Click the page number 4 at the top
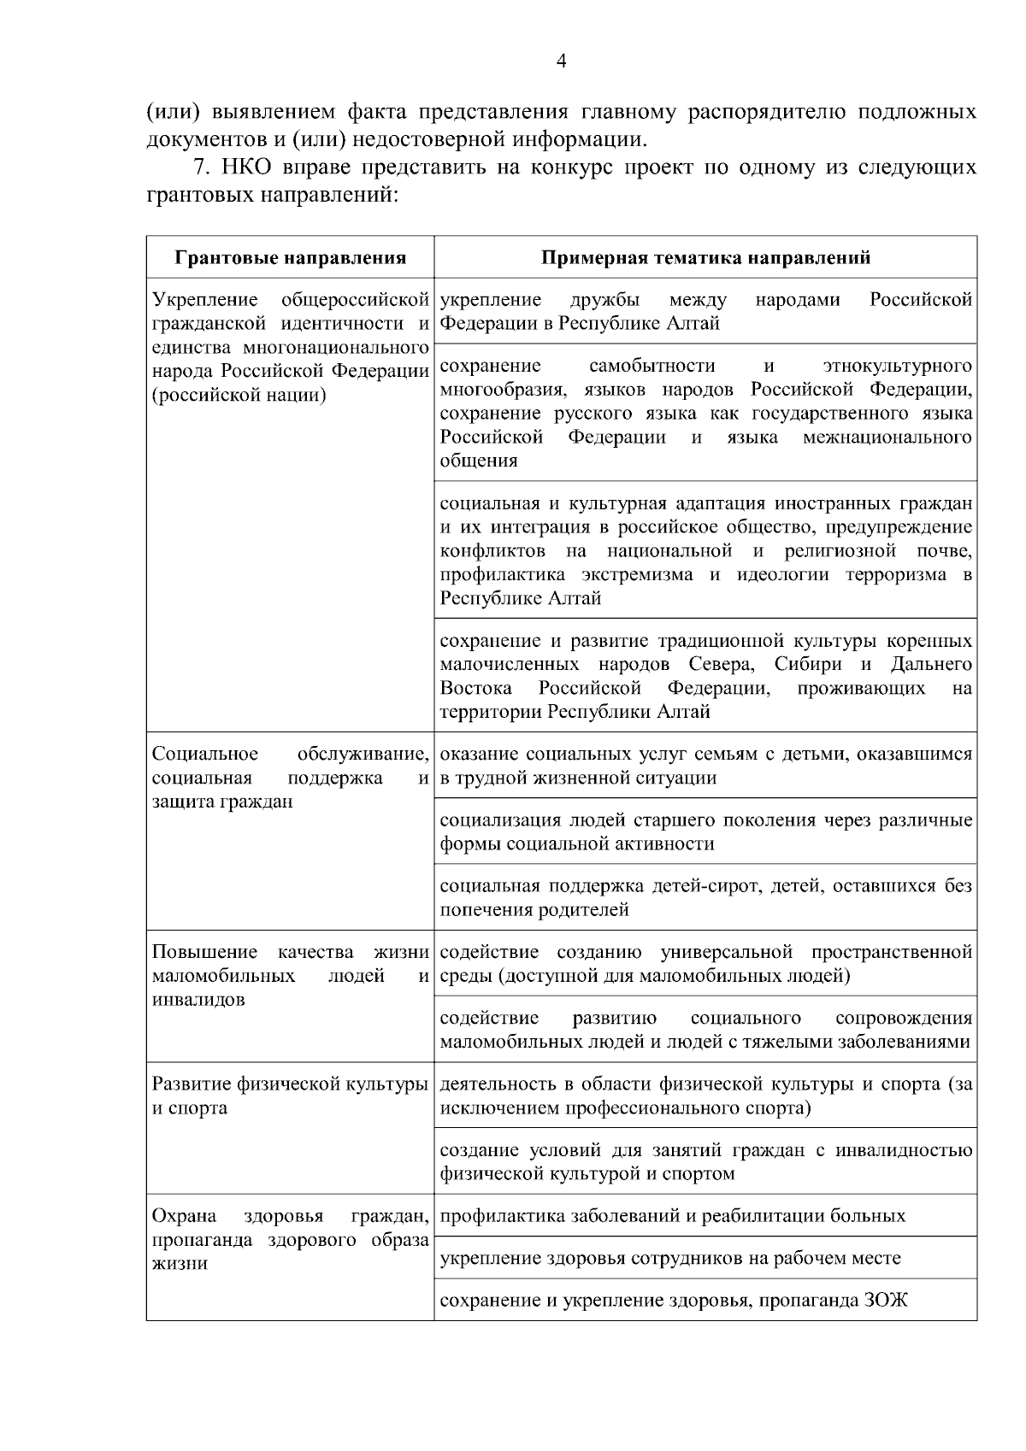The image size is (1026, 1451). pos(561,61)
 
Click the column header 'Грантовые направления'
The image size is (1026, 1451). pos(291,258)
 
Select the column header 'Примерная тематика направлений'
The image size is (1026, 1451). pos(705,258)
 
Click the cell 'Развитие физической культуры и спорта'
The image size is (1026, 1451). pos(290,1096)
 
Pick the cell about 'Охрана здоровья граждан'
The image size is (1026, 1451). pos(290,1239)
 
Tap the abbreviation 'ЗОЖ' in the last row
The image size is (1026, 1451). pos(885,1301)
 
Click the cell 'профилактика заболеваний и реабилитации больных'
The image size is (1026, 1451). pos(672,1215)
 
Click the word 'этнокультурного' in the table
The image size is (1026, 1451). pos(897,367)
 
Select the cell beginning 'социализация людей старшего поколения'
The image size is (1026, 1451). pos(705,831)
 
